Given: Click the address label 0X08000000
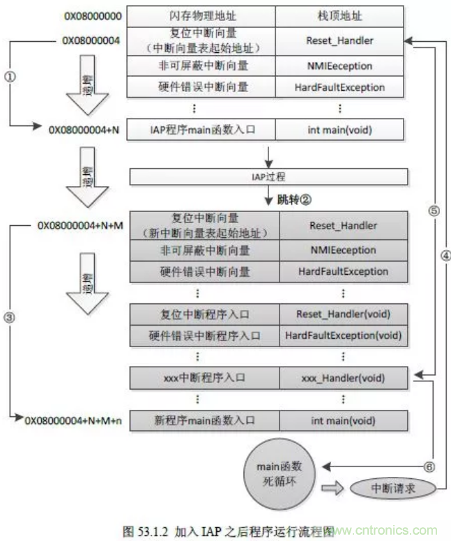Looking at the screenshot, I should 84,15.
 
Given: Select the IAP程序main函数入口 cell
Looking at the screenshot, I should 202,129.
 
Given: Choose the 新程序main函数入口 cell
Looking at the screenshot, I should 202,420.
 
